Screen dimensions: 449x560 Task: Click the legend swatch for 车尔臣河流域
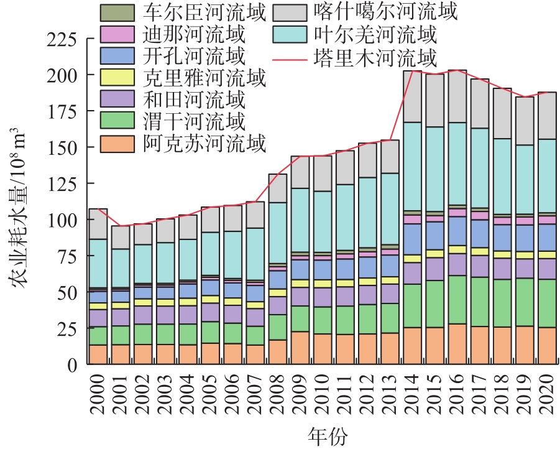tap(117, 13)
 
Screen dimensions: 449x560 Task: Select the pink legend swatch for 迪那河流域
tap(117, 34)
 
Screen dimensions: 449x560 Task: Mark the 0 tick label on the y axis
tap(73, 365)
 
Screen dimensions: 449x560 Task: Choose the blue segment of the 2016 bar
tap(457, 231)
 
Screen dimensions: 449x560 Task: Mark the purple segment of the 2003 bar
tap(165, 315)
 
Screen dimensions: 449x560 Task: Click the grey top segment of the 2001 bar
tap(121, 237)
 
